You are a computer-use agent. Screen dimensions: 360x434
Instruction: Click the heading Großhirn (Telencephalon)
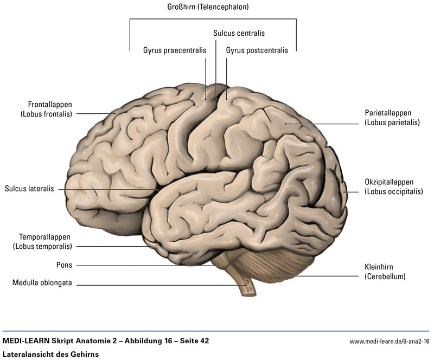click(212, 8)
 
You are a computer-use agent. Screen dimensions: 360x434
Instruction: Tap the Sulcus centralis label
click(239, 33)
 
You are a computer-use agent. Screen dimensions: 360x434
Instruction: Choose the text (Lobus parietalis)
click(393, 123)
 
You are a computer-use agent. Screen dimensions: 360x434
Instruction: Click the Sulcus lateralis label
click(29, 189)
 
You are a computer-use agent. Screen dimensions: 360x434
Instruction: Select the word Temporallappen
click(44, 237)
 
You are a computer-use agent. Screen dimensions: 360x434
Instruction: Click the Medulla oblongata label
click(42, 282)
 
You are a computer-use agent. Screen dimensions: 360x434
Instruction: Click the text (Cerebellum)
click(386, 277)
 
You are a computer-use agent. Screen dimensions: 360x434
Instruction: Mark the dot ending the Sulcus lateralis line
click(158, 189)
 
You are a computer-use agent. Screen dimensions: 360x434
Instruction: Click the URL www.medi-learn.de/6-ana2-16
click(390, 342)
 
